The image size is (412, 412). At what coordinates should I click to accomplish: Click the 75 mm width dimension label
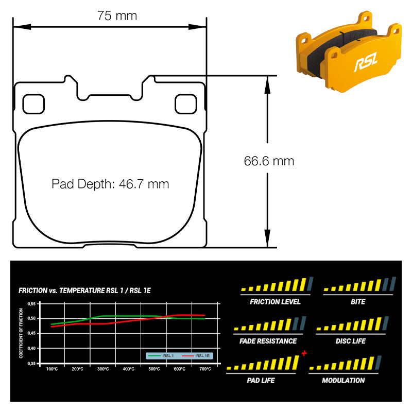click(117, 16)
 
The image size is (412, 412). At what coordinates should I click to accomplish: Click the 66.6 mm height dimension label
click(269, 161)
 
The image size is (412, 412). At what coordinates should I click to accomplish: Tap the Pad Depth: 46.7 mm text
click(110, 184)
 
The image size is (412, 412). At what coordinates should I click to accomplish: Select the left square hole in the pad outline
click(33, 104)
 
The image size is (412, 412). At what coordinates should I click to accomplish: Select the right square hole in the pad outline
click(186, 104)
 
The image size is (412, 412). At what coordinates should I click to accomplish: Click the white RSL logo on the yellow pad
click(366, 61)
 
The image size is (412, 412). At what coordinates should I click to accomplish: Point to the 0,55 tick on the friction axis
click(31, 304)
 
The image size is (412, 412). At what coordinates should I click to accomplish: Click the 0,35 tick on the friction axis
click(31, 364)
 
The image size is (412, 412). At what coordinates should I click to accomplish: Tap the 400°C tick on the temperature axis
click(128, 369)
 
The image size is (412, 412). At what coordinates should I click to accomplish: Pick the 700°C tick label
click(205, 369)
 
